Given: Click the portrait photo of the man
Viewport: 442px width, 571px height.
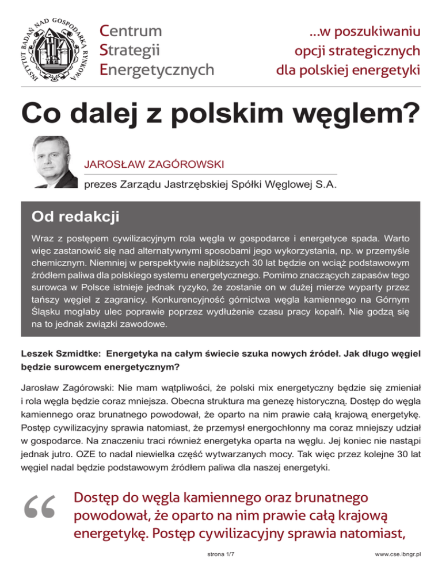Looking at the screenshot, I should [x=54, y=161].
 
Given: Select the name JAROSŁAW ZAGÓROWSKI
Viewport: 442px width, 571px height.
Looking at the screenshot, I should [x=154, y=165].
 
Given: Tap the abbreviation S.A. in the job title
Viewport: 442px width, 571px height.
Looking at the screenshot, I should [x=325, y=185].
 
